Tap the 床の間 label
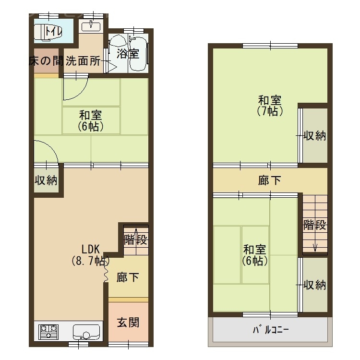(46, 61)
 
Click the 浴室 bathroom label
(128, 53)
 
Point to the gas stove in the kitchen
(48, 331)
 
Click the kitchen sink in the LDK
(86, 332)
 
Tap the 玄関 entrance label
(128, 322)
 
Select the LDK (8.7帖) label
(90, 255)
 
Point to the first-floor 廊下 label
(128, 277)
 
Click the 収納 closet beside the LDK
(46, 181)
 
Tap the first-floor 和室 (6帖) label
(91, 121)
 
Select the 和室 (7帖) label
(270, 106)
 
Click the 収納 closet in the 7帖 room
(314, 136)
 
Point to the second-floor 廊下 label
(270, 180)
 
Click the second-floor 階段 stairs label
(314, 225)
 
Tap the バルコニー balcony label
(270, 331)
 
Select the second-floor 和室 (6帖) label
(255, 255)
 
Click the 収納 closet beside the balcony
(314, 285)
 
